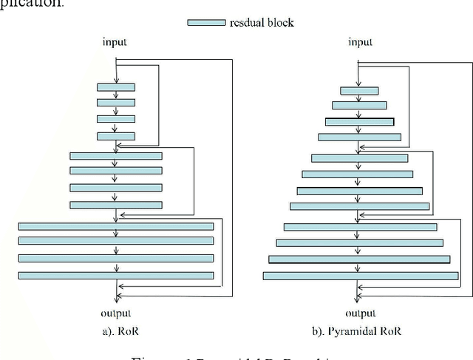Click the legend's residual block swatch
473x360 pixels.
207,22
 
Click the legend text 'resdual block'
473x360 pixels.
262,22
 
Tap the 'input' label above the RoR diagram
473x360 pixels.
116,41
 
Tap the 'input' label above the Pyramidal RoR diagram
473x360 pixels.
360,41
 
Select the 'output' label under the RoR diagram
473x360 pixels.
116,313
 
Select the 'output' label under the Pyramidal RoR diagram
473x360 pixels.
360,313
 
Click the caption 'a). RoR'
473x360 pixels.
116,331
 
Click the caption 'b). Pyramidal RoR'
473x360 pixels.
360,331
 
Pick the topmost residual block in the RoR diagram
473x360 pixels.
116,86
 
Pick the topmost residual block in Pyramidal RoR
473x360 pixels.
360,90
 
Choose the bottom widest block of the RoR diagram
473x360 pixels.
116,275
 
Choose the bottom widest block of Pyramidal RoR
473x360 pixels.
360,275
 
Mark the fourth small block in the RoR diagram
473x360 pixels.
116,135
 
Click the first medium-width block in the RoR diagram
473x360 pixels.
116,155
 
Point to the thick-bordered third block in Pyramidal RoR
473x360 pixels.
360,121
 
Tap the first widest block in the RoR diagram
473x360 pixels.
116,225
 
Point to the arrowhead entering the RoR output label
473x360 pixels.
116,299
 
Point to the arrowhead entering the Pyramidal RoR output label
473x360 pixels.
360,299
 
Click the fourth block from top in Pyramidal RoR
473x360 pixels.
360,137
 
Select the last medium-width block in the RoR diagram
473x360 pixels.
116,205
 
